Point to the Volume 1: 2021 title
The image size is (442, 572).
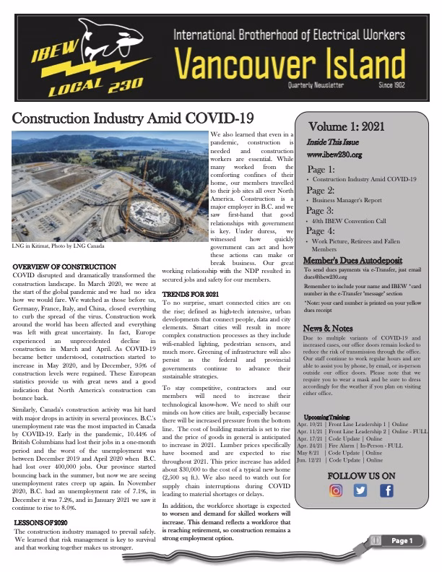pyautogui.click(x=346, y=125)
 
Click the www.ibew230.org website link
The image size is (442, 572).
pyautogui.click(x=334, y=154)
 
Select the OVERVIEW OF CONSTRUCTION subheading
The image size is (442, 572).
pyautogui.click(x=64, y=268)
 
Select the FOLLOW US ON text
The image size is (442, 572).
pyautogui.click(x=361, y=475)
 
